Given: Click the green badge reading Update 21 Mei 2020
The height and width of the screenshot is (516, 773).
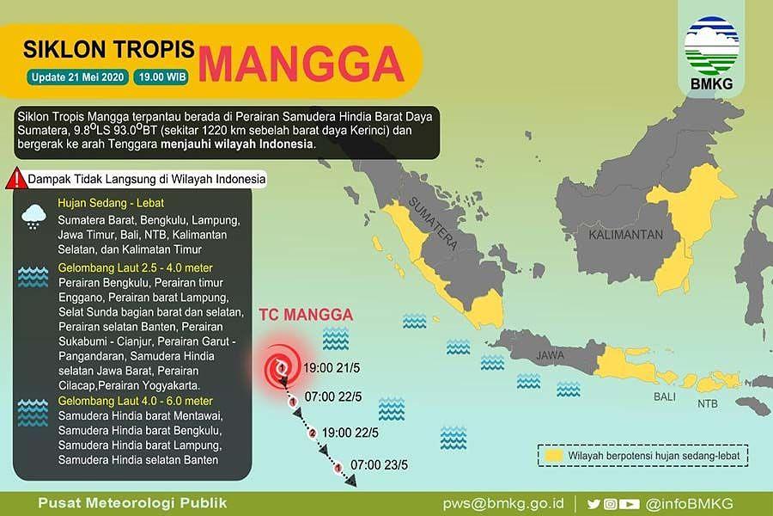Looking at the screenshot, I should (78, 77).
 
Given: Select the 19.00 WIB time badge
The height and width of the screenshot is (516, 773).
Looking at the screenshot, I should (161, 77).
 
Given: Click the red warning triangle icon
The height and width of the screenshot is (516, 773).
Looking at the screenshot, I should (15, 179).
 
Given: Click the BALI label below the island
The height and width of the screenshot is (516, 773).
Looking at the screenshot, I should (664, 398).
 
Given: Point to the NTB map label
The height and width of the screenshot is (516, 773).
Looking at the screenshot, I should (707, 403).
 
